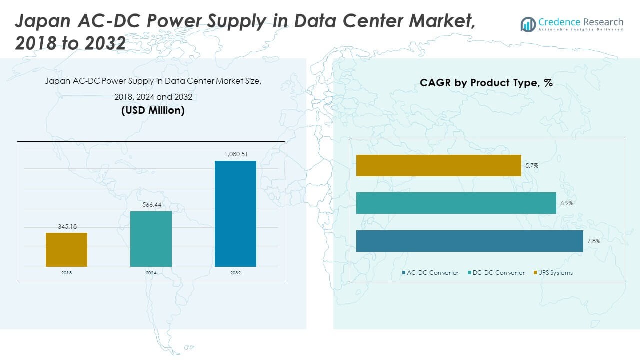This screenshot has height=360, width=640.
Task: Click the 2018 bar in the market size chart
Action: pyautogui.click(x=66, y=250)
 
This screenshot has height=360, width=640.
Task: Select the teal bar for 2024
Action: pyautogui.click(x=151, y=239)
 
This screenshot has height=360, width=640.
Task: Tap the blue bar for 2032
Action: pyautogui.click(x=235, y=213)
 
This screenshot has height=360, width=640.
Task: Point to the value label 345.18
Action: pyautogui.click(x=66, y=227)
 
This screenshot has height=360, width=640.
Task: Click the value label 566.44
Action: pyautogui.click(x=151, y=205)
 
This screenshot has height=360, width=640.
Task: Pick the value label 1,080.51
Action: pyautogui.click(x=235, y=154)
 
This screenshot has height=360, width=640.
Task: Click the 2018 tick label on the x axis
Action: pyautogui.click(x=66, y=273)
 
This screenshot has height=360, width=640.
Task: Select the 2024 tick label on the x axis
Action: pyautogui.click(x=151, y=273)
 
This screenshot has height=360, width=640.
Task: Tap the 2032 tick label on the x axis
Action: pyautogui.click(x=235, y=273)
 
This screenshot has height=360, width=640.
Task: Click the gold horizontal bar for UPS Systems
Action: pyautogui.click(x=438, y=165)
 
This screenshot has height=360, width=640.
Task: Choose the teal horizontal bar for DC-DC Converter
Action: pyautogui.click(x=456, y=203)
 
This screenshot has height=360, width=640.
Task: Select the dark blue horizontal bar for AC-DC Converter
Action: pyautogui.click(x=469, y=241)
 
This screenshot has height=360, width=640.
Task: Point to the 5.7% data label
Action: pyautogui.click(x=532, y=165)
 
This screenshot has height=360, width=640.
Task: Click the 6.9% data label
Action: pyautogui.click(x=567, y=203)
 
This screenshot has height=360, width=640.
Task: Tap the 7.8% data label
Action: pyautogui.click(x=594, y=241)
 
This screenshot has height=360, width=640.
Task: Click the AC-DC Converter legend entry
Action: pyautogui.click(x=430, y=273)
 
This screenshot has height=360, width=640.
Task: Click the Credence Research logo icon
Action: pyautogui.click(x=528, y=24)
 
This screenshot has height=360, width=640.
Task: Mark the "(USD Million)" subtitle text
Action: pyautogui.click(x=153, y=111)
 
